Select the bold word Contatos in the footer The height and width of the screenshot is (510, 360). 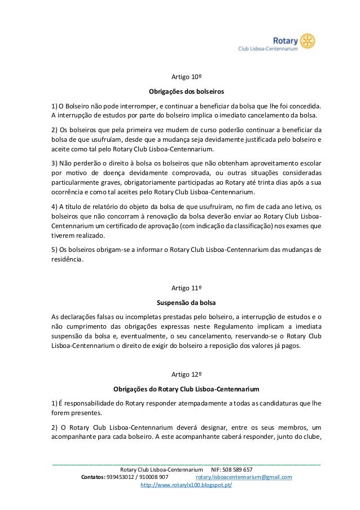click(93, 477)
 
